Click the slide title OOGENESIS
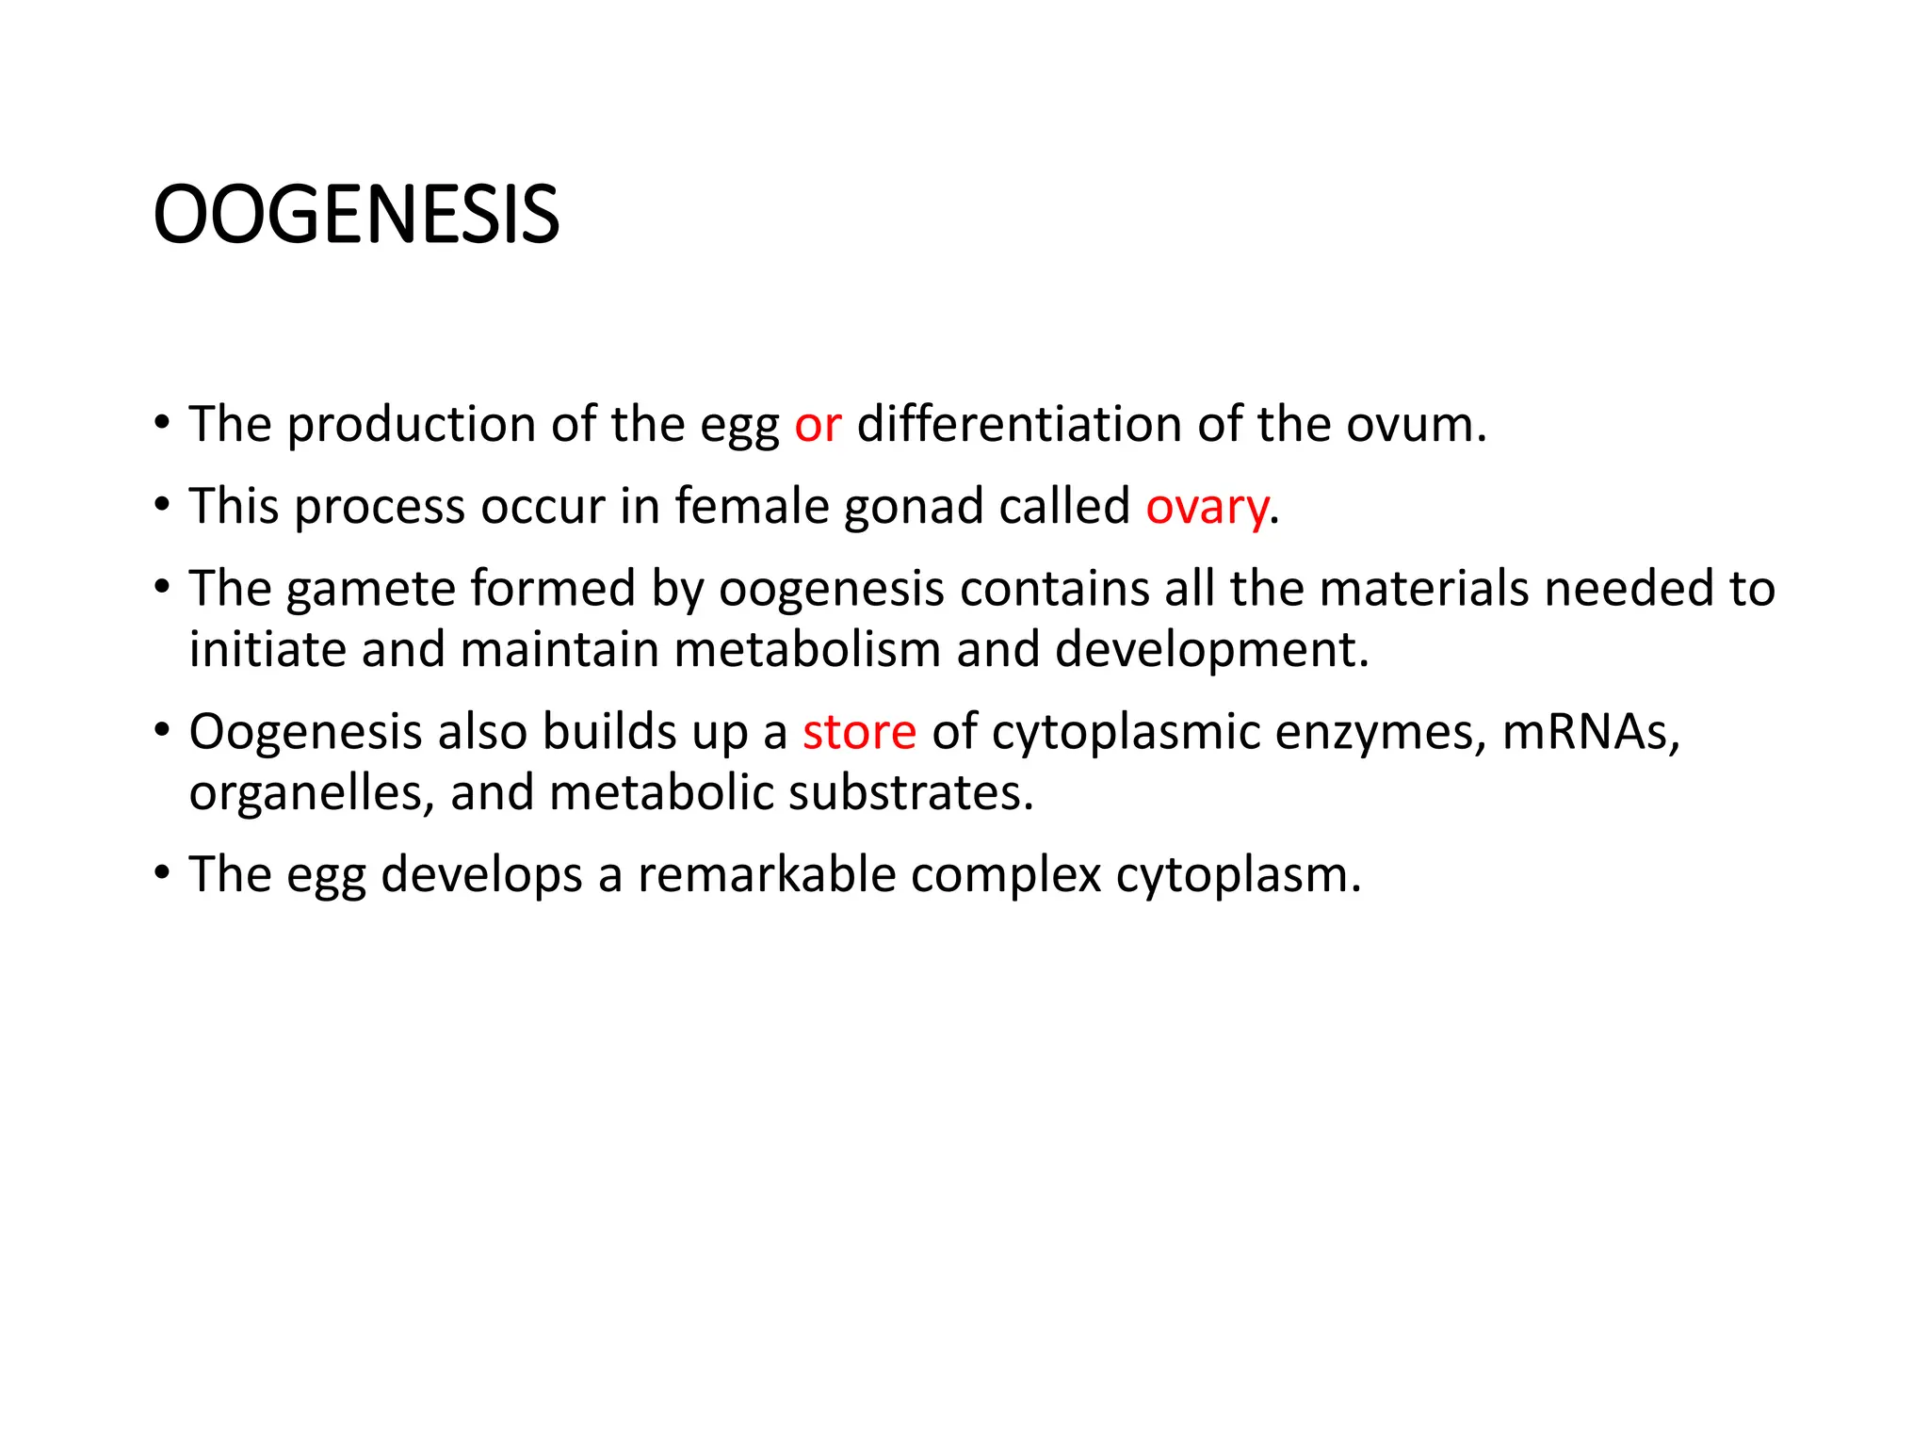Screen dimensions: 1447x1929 pyautogui.click(x=356, y=216)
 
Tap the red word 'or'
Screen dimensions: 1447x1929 pyautogui.click(x=817, y=425)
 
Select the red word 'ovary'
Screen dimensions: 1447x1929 pyautogui.click(x=1207, y=508)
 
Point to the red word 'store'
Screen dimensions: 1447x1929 pyautogui.click(x=859, y=732)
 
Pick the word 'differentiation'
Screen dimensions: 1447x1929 pyautogui.click(x=1018, y=425)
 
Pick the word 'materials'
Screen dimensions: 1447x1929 pyautogui.click(x=1423, y=589)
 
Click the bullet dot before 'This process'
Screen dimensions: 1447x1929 pyautogui.click(x=162, y=506)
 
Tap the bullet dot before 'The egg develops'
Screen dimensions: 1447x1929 pyautogui.click(x=162, y=873)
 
